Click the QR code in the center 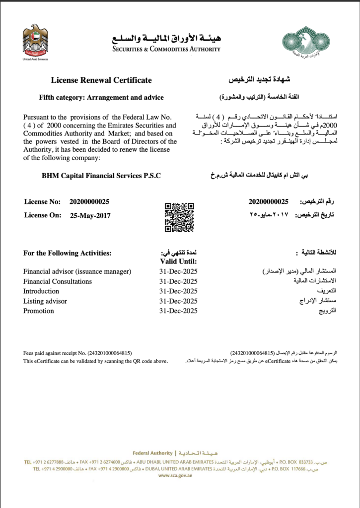point(179,217)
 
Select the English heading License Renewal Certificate point(101,80)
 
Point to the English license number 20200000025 point(90,201)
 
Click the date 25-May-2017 point(90,215)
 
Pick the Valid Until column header point(178,261)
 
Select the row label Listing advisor point(45,301)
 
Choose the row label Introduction point(41,291)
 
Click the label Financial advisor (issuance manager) point(77,271)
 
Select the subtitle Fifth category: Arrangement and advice point(101,97)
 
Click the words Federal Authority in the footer point(152,453)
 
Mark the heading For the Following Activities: point(68,253)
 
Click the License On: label point(43,215)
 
